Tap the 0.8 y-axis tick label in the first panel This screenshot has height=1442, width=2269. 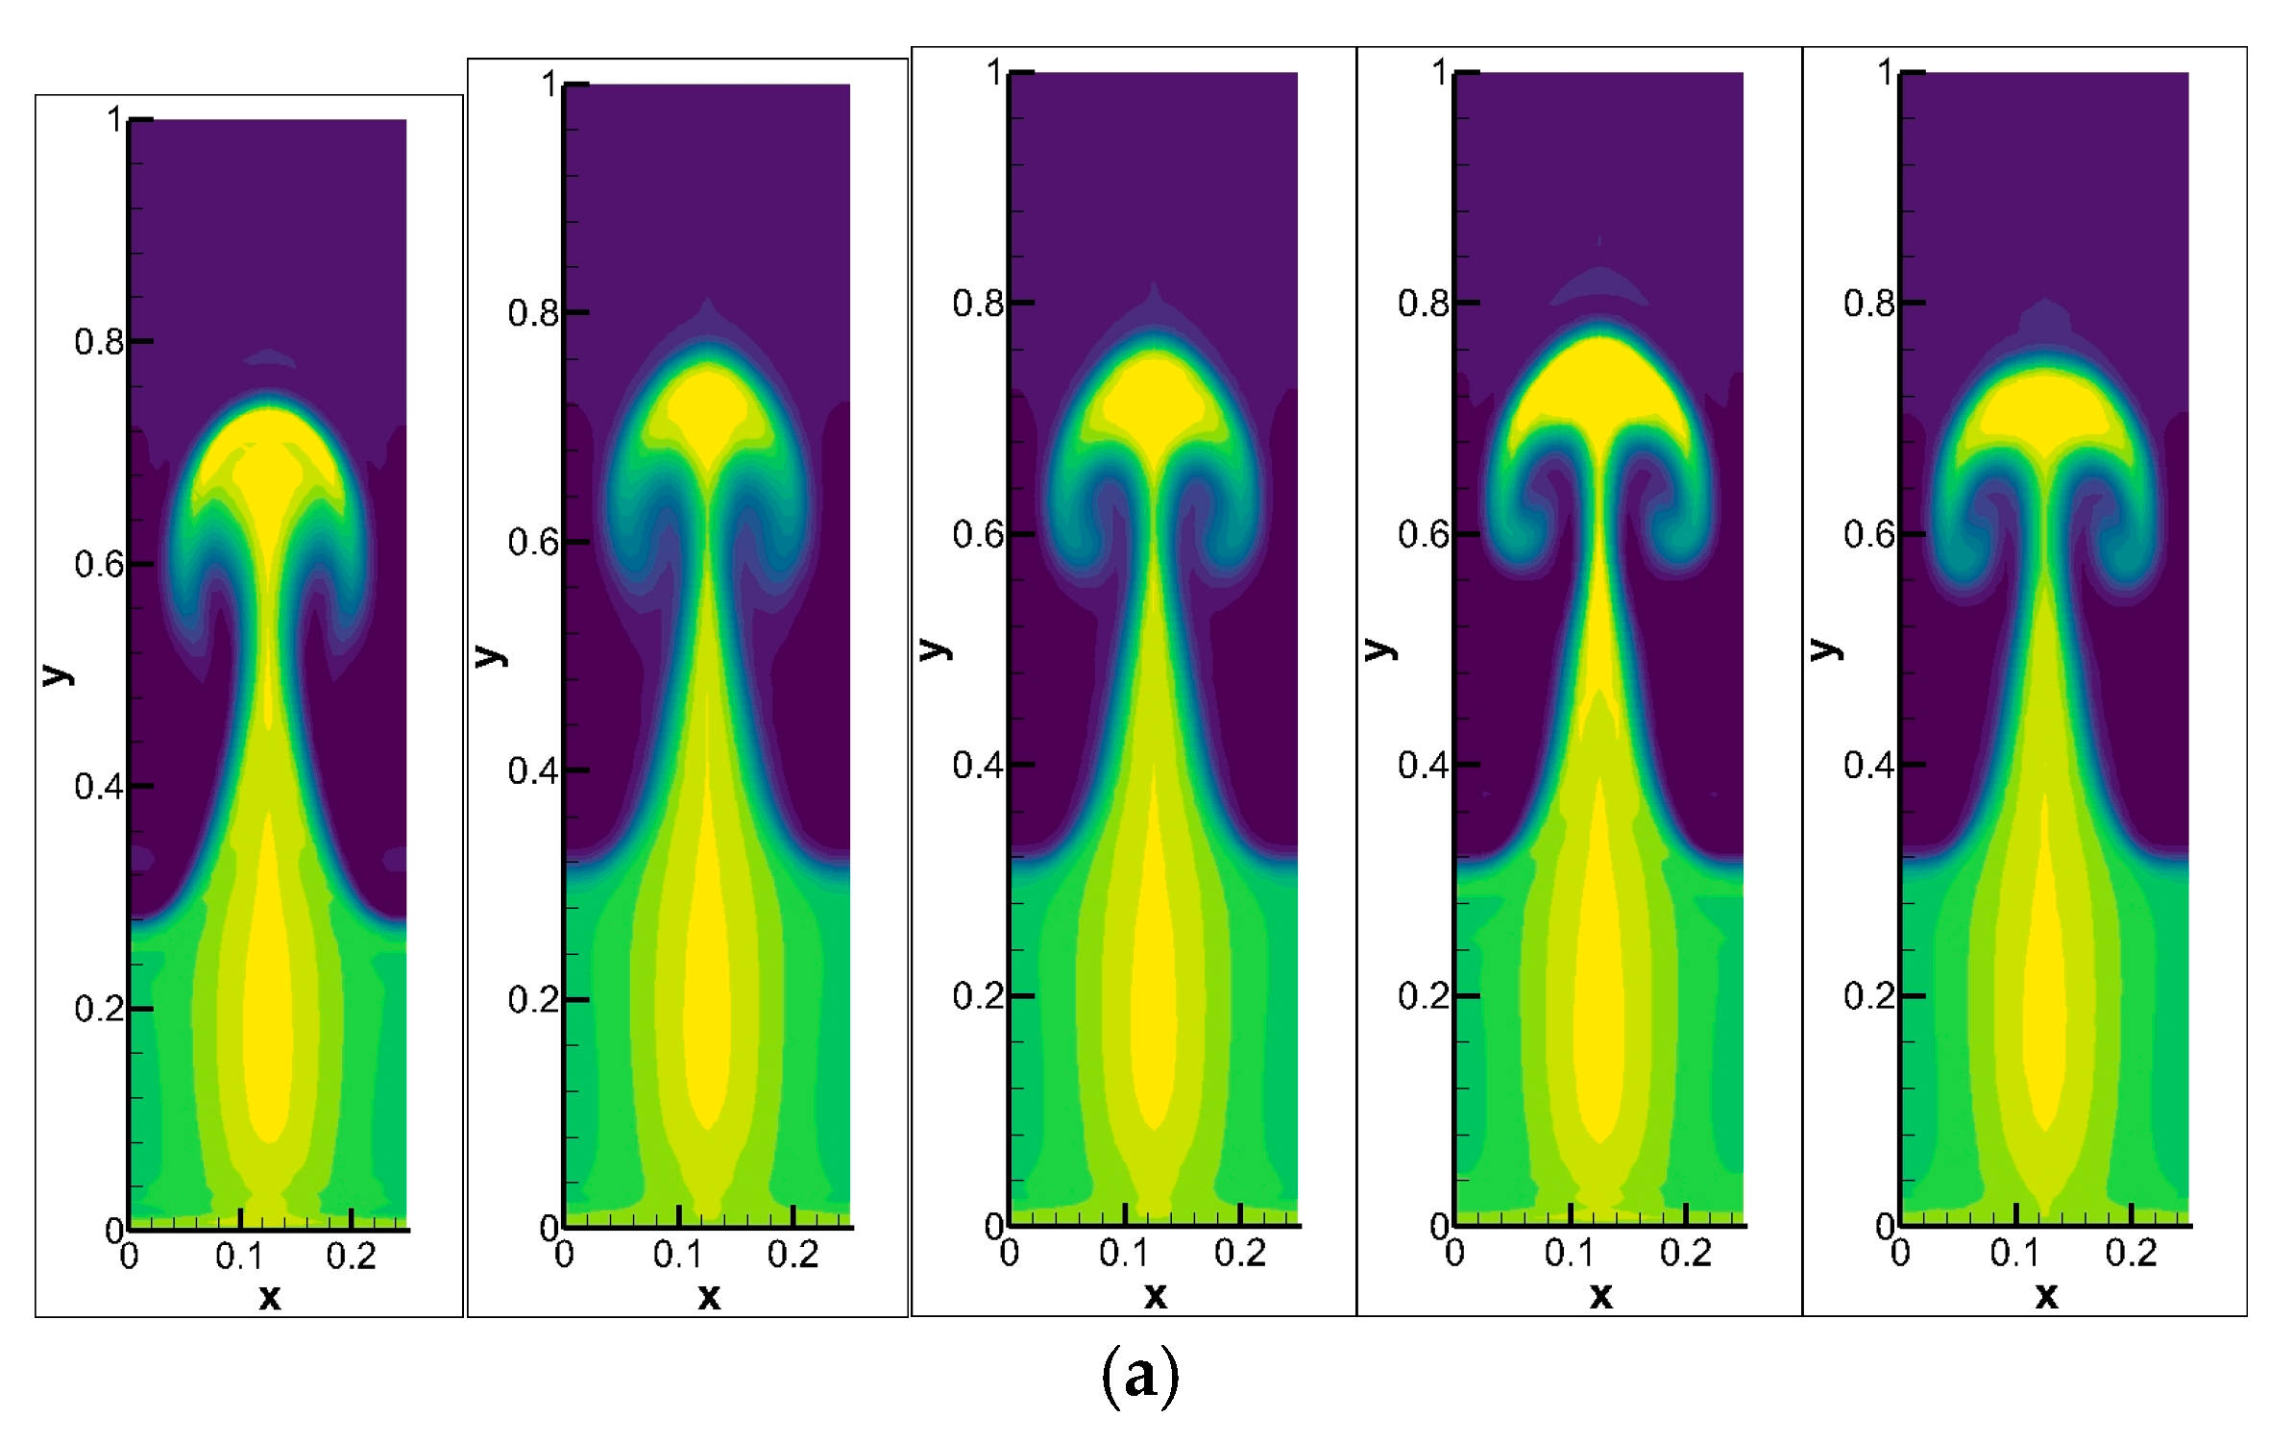click(x=98, y=342)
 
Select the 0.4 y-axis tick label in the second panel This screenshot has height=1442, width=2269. click(x=532, y=770)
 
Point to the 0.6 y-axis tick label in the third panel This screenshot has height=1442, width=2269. click(x=977, y=535)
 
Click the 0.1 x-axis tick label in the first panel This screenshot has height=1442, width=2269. click(x=239, y=1257)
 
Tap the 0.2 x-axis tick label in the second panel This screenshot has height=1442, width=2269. click(x=793, y=1255)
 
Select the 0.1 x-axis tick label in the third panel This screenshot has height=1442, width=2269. click(x=1124, y=1254)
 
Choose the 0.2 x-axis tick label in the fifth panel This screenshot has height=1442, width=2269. click(x=2131, y=1254)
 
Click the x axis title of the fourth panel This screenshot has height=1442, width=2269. click(x=1600, y=1296)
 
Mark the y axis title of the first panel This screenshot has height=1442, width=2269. click(x=57, y=673)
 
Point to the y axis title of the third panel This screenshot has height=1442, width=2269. click(x=935, y=649)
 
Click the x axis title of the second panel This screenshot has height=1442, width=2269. click(x=709, y=1298)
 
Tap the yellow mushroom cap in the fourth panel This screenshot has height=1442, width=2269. click(x=1599, y=384)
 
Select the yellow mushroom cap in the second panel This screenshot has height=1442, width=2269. click(x=708, y=408)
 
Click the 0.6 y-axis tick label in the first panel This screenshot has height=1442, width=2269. click(x=98, y=565)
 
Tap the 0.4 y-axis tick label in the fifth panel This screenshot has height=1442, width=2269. click(x=1867, y=766)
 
